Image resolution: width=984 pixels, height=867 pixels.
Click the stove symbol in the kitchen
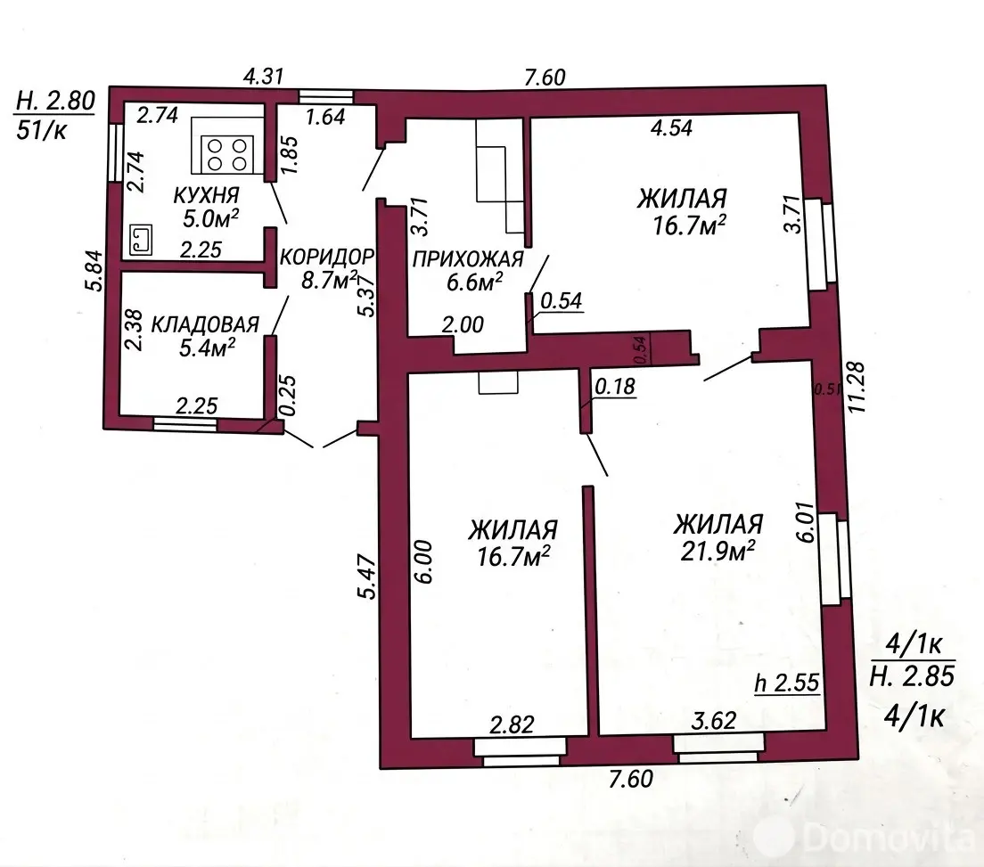[227, 154]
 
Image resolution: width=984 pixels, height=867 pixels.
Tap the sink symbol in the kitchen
[141, 241]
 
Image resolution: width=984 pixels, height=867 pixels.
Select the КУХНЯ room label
[206, 195]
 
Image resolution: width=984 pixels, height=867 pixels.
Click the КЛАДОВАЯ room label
[205, 324]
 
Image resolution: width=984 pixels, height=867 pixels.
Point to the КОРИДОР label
[327, 257]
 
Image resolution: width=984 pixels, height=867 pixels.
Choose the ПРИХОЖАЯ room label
[468, 259]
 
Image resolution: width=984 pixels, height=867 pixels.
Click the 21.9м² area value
[717, 552]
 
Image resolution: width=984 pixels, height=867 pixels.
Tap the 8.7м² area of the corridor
[330, 280]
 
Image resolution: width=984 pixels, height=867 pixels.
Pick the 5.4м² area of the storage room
[207, 347]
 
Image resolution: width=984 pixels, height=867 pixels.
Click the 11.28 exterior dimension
[856, 387]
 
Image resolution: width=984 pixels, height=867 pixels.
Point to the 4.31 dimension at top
[264, 77]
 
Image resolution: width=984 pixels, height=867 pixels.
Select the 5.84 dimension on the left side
[93, 270]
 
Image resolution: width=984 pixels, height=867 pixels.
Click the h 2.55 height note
[787, 683]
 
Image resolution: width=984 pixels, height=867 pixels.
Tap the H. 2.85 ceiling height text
[913, 675]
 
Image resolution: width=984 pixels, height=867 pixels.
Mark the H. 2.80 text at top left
[55, 101]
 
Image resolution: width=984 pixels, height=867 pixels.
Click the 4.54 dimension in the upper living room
[671, 128]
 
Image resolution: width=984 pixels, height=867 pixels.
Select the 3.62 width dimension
[714, 720]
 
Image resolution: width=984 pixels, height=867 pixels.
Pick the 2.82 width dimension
[512, 724]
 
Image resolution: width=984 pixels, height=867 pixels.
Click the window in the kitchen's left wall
[115, 153]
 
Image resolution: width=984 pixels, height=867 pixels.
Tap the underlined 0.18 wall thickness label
[615, 387]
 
